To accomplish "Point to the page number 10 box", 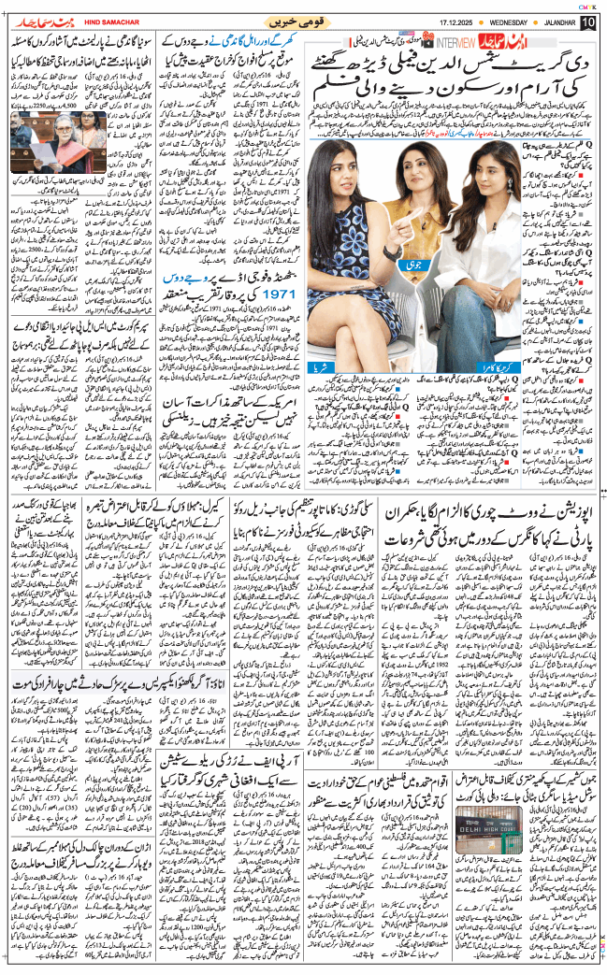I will [588, 22].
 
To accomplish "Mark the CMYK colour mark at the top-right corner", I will [589, 5].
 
